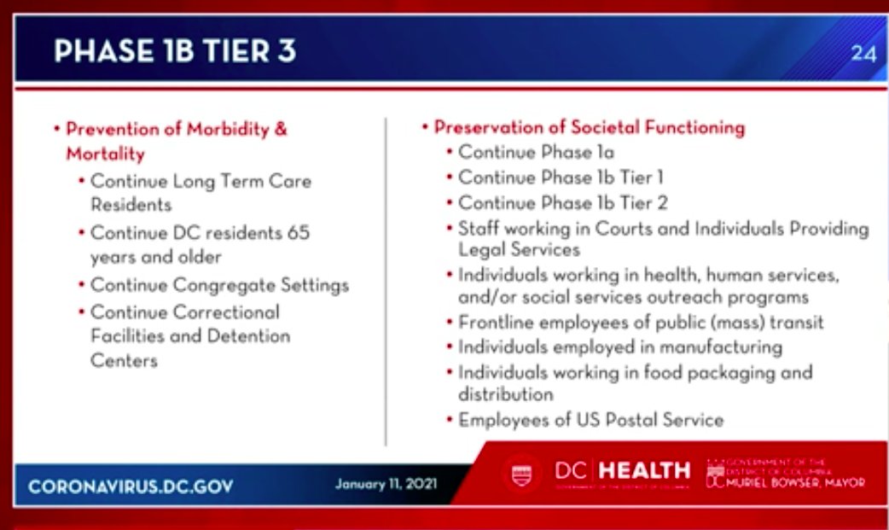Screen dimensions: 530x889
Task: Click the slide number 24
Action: click(x=863, y=53)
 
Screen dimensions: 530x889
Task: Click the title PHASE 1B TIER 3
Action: click(x=175, y=51)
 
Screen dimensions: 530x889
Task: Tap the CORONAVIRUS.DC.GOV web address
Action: click(x=131, y=486)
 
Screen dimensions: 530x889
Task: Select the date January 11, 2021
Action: click(x=386, y=484)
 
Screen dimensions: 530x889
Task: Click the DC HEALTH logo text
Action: click(x=622, y=470)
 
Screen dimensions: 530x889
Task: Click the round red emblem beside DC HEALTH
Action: click(x=520, y=473)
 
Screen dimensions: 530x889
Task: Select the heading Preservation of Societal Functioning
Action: click(x=589, y=127)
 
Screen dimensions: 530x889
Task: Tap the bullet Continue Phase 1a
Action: click(x=536, y=152)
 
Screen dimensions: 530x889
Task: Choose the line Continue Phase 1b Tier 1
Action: click(x=561, y=178)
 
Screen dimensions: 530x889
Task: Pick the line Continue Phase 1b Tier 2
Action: click(x=562, y=203)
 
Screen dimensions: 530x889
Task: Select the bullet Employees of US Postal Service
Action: click(x=590, y=420)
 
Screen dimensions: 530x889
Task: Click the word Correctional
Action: click(x=226, y=312)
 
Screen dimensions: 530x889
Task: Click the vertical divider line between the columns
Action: click(x=386, y=282)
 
